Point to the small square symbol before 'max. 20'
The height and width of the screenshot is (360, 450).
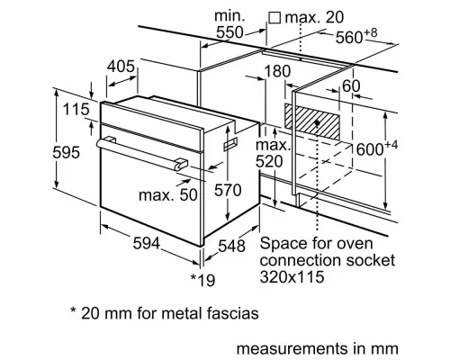point(274,17)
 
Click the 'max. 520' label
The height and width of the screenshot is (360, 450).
point(272,154)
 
